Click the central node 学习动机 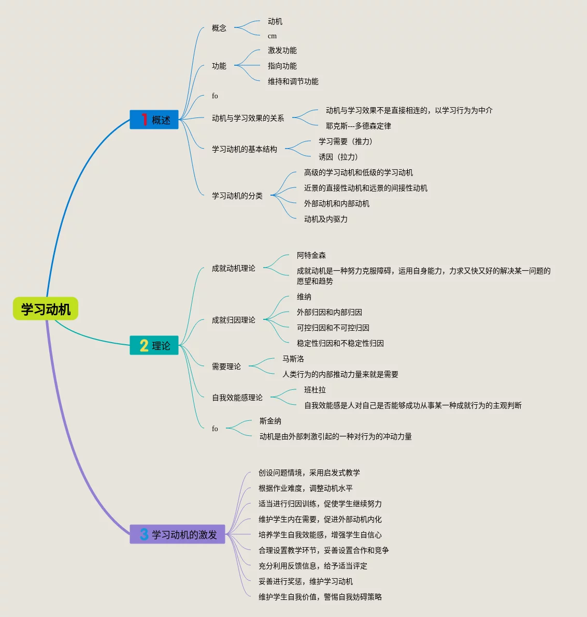point(46,309)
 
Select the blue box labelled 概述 point(154,120)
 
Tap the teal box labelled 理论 point(154,345)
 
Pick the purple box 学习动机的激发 point(178,534)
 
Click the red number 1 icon point(144,120)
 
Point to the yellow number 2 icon point(144,345)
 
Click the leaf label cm point(272,36)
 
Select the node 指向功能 point(282,66)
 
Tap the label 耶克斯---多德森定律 point(358,126)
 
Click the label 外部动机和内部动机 point(336,203)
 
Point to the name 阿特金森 point(311,255)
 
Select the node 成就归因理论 point(233,320)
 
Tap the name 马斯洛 point(293,359)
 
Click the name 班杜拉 point(314,390)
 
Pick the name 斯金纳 point(270,421)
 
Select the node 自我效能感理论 point(237,398)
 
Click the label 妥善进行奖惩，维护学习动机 point(305,581)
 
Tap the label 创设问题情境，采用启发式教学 point(309,473)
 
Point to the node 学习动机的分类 point(237,196)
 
